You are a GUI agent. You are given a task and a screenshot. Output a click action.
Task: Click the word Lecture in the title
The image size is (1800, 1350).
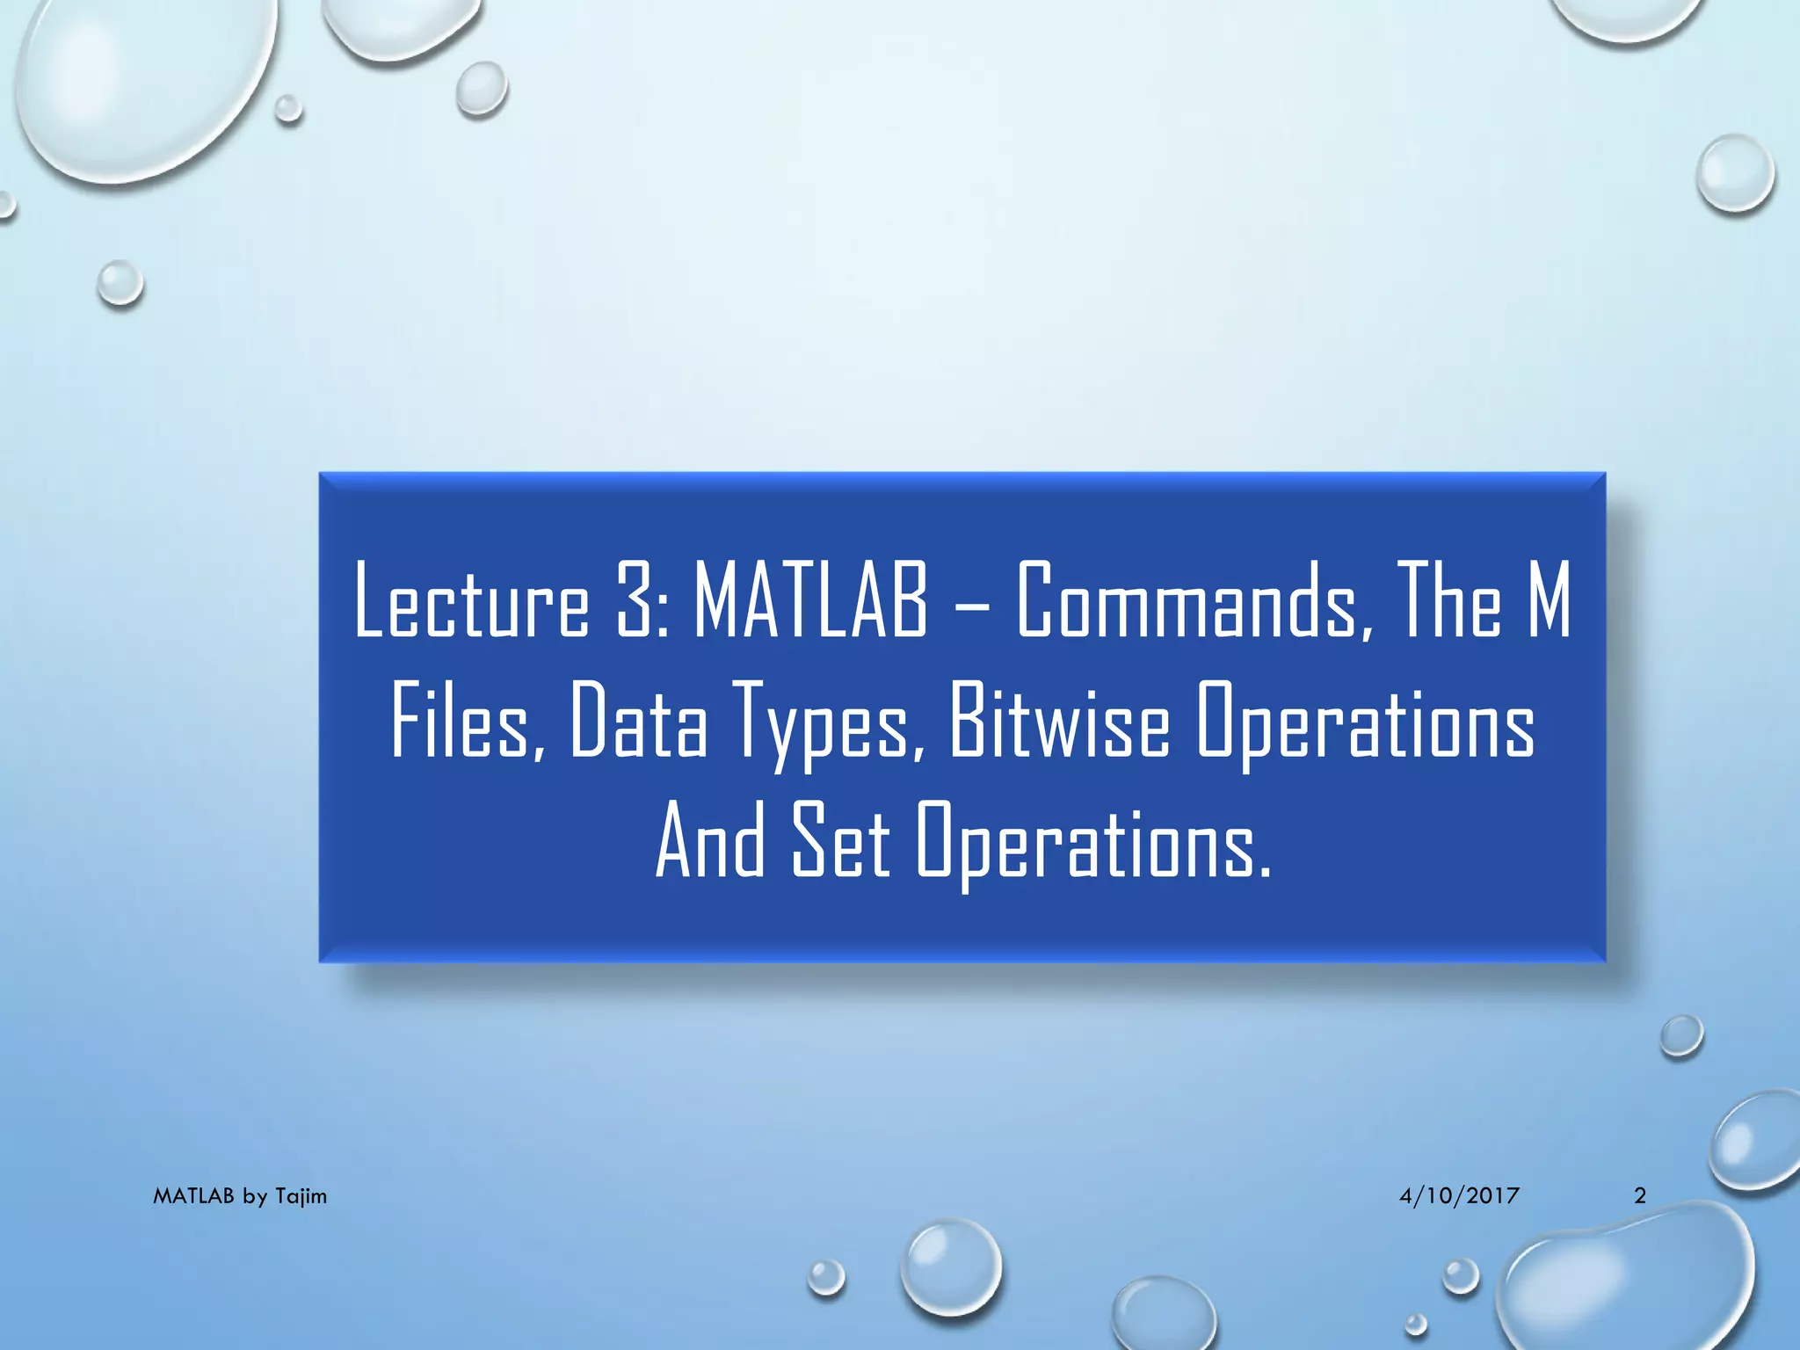[471, 602]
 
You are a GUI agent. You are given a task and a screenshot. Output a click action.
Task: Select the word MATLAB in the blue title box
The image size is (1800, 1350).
[810, 602]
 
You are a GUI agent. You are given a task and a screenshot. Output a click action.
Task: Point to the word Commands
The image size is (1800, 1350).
[1187, 602]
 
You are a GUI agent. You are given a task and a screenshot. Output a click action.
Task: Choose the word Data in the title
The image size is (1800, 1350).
[638, 723]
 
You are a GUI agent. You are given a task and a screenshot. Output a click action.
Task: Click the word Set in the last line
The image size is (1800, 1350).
[841, 842]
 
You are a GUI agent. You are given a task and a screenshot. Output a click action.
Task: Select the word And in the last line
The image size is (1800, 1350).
[710, 842]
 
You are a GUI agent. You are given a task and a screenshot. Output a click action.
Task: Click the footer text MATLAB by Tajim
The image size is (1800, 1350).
[240, 1196]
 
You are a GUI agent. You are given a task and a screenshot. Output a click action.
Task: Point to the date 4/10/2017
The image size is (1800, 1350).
[1459, 1195]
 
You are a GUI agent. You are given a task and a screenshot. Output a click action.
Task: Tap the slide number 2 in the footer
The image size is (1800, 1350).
[1640, 1195]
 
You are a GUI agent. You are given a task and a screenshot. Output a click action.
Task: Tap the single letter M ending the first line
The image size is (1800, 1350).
[1548, 602]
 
